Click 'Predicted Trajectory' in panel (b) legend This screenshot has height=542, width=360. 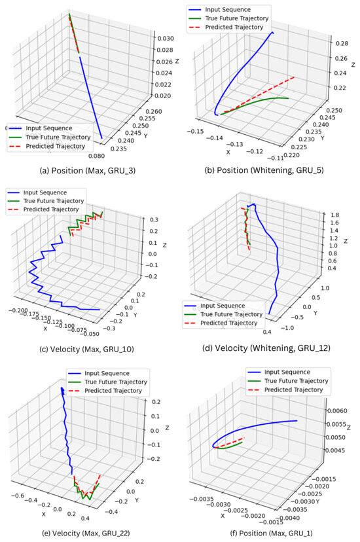(x=239, y=27)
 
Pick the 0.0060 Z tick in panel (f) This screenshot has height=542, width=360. (x=338, y=410)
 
